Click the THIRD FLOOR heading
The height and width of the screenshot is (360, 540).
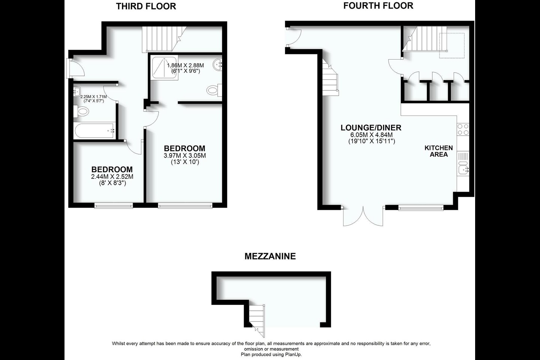[x=146, y=6]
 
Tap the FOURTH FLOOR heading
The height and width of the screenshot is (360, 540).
[x=378, y=6]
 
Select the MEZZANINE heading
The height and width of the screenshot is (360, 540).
[x=270, y=256]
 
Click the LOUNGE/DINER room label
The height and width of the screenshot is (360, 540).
[x=370, y=127]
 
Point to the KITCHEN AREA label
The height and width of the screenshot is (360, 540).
[x=438, y=151]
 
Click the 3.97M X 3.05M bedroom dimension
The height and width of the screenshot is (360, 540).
[x=184, y=156]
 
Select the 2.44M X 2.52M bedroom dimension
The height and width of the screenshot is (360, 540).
[x=112, y=177]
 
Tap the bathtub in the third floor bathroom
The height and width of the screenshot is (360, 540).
[x=94, y=131]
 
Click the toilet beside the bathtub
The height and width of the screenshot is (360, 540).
[x=82, y=111]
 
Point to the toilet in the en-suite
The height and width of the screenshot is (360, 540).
[x=213, y=90]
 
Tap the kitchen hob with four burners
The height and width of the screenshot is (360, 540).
[x=463, y=129]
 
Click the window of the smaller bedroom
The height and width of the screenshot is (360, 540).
[x=113, y=205]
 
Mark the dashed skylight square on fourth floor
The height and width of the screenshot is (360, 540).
[x=451, y=46]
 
